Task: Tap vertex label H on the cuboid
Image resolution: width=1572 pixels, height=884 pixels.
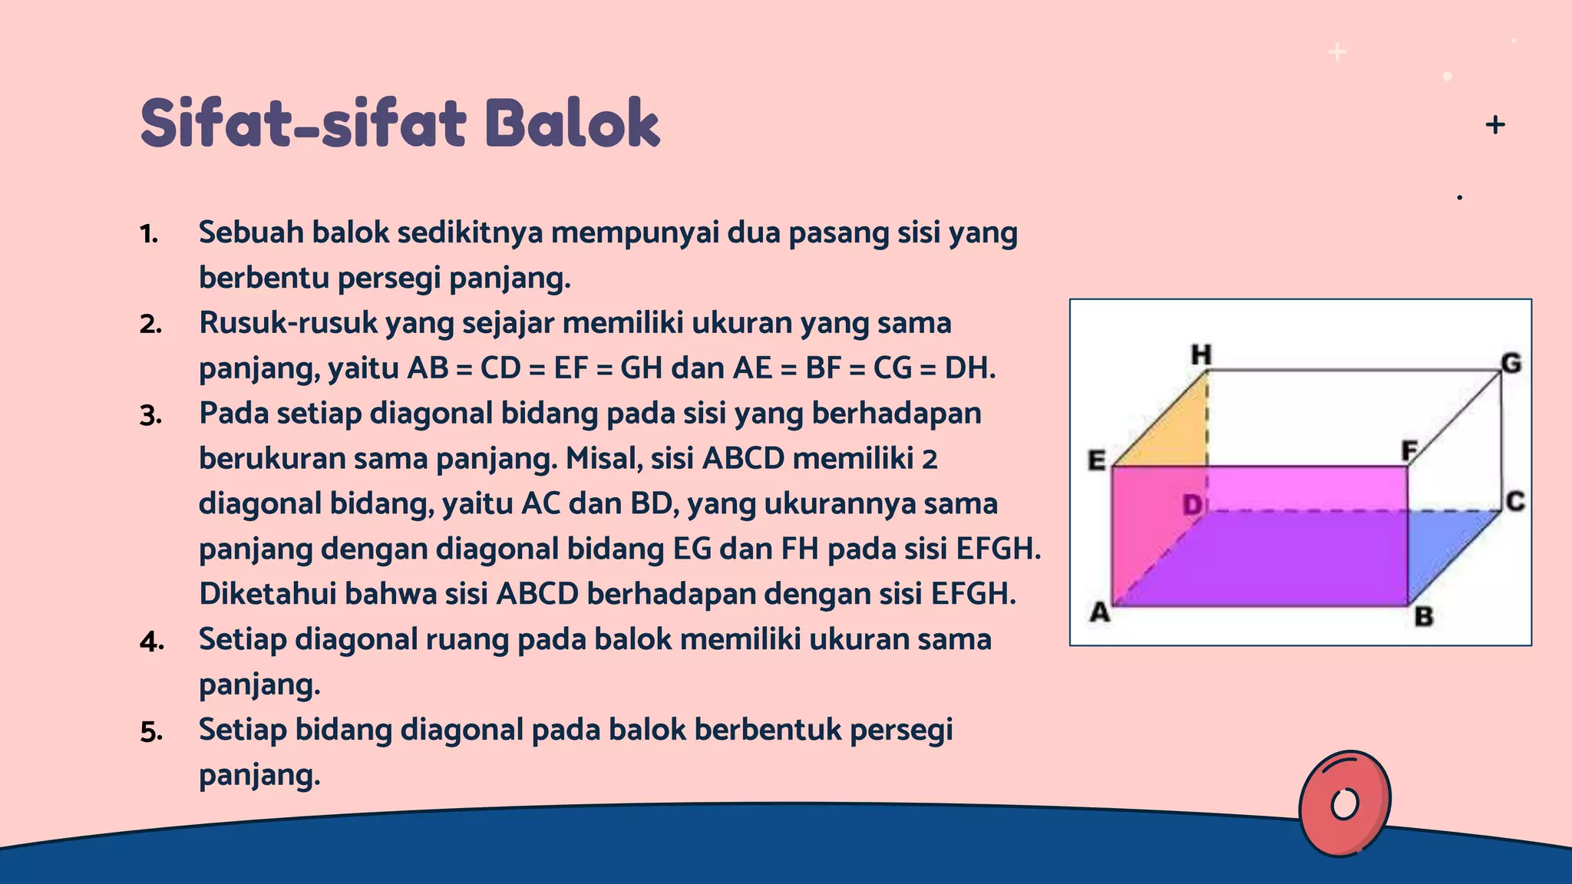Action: pyautogui.click(x=1201, y=355)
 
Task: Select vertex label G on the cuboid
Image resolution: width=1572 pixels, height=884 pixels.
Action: pyautogui.click(x=1511, y=363)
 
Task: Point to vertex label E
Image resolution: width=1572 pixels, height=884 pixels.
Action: pyautogui.click(x=1097, y=460)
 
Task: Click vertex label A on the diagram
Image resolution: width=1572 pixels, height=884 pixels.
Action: pyautogui.click(x=1100, y=612)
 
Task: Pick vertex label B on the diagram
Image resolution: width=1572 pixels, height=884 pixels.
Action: pyautogui.click(x=1424, y=616)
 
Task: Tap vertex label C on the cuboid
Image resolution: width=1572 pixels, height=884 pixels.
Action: pyautogui.click(x=1514, y=502)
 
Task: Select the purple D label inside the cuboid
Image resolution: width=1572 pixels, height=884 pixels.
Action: pyautogui.click(x=1192, y=505)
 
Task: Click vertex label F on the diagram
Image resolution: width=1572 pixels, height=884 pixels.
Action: pyautogui.click(x=1409, y=450)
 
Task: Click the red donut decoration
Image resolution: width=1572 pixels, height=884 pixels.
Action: pyautogui.click(x=1344, y=803)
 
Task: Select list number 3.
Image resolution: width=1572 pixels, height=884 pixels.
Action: pyautogui.click(x=150, y=416)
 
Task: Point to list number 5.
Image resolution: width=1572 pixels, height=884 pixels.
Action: pyautogui.click(x=151, y=732)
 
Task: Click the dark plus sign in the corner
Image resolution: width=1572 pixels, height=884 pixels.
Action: pyautogui.click(x=1495, y=124)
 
